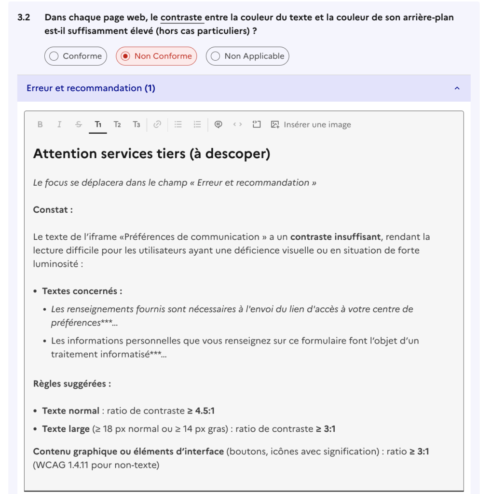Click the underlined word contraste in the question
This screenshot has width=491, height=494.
click(181, 17)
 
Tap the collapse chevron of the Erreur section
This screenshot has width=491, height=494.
click(457, 88)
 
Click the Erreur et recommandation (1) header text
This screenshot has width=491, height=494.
click(91, 88)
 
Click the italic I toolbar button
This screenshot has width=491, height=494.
click(59, 124)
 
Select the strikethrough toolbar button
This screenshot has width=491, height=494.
click(79, 124)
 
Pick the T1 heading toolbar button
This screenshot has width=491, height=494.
click(98, 124)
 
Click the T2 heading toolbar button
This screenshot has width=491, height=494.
click(117, 124)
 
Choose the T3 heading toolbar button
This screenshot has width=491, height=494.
click(136, 124)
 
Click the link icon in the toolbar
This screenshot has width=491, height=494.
click(157, 124)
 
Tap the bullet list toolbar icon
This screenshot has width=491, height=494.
click(178, 124)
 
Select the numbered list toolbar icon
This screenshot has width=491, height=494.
click(197, 124)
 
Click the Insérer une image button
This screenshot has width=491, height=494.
click(311, 124)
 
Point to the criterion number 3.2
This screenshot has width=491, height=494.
click(24, 17)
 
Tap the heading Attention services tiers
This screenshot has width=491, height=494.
click(151, 154)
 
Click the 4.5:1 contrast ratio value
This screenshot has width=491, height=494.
click(205, 411)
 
